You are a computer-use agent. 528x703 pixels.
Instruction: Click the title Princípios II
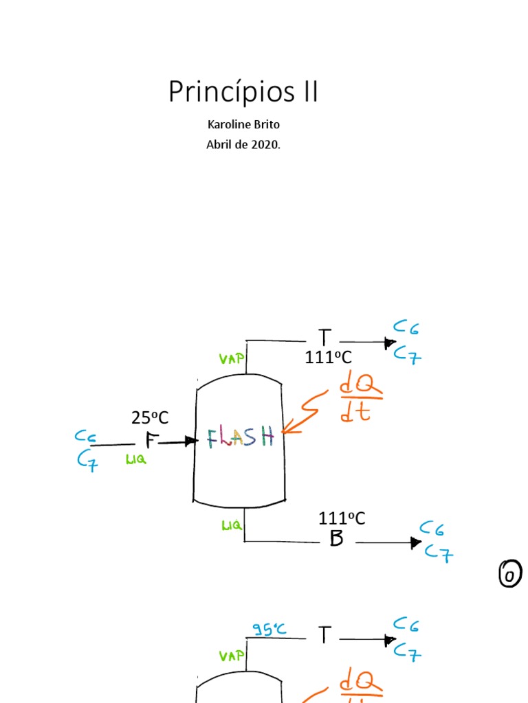[243, 92]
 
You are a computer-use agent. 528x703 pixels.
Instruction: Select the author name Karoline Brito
[243, 125]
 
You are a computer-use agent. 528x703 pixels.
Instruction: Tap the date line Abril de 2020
[243, 145]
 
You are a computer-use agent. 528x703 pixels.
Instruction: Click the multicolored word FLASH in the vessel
[241, 437]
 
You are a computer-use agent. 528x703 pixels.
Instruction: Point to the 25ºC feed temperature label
[150, 417]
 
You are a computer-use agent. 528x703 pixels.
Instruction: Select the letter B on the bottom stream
[336, 539]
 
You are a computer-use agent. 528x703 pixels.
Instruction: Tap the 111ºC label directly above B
[342, 518]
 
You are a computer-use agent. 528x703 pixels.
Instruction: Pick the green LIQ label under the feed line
[135, 460]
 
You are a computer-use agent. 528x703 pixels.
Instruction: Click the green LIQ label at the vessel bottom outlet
[231, 525]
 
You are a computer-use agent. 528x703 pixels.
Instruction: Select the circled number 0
[509, 574]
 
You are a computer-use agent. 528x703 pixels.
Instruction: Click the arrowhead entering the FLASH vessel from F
[192, 441]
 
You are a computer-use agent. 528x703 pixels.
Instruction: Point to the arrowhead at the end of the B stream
[416, 542]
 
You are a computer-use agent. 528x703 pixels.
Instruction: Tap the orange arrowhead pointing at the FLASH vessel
[286, 430]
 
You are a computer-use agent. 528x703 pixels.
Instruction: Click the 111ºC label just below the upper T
[329, 357]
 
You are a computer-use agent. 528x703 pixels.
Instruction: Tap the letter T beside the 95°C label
[324, 636]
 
